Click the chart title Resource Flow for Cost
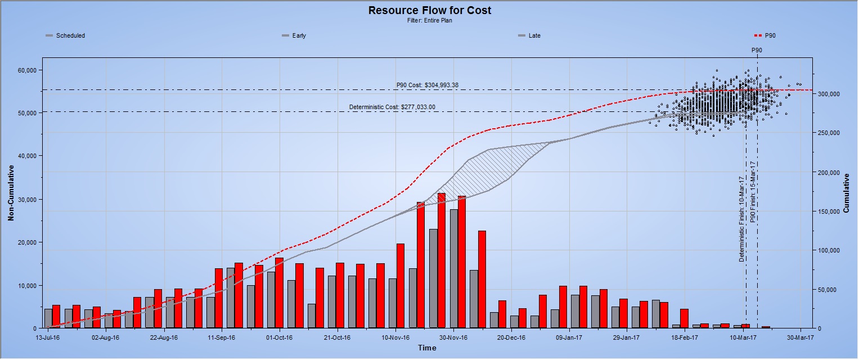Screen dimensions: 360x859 [x=429, y=10]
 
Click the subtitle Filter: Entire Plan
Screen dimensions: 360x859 [x=429, y=21]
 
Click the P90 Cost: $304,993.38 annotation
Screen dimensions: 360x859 [x=428, y=85]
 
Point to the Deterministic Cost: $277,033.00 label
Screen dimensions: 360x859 [x=392, y=107]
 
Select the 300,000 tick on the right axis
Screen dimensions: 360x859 [x=830, y=94]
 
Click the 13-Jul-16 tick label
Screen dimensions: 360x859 [x=48, y=338]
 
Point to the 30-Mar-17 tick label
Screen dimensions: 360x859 [x=799, y=338]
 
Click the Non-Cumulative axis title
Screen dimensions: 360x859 [x=11, y=192]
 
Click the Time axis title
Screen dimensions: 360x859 [x=426, y=348]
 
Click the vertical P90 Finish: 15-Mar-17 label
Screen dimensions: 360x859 [x=753, y=192]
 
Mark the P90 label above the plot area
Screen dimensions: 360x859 [x=757, y=50]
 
